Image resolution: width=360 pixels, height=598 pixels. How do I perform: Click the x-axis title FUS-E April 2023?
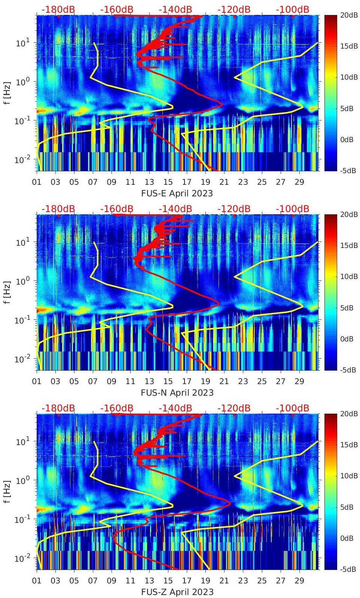tap(177, 193)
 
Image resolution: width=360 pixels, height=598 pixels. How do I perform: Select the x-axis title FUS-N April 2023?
tap(177, 393)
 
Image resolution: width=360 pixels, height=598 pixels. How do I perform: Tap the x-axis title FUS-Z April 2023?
tap(177, 592)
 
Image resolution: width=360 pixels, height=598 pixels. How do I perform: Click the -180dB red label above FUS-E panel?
tap(58, 9)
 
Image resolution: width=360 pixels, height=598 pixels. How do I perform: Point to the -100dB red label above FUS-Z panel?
tap(293, 408)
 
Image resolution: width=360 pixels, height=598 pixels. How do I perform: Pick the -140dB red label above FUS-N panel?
tap(175, 209)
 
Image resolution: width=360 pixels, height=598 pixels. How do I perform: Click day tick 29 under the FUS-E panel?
tap(299, 182)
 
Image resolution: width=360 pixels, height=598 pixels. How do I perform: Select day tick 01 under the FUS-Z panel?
tap(37, 581)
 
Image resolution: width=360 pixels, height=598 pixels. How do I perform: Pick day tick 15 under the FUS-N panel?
tap(168, 381)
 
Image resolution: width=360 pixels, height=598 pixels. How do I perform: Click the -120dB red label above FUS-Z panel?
tap(234, 408)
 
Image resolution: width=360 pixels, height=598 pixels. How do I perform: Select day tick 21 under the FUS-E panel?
tap(224, 182)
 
